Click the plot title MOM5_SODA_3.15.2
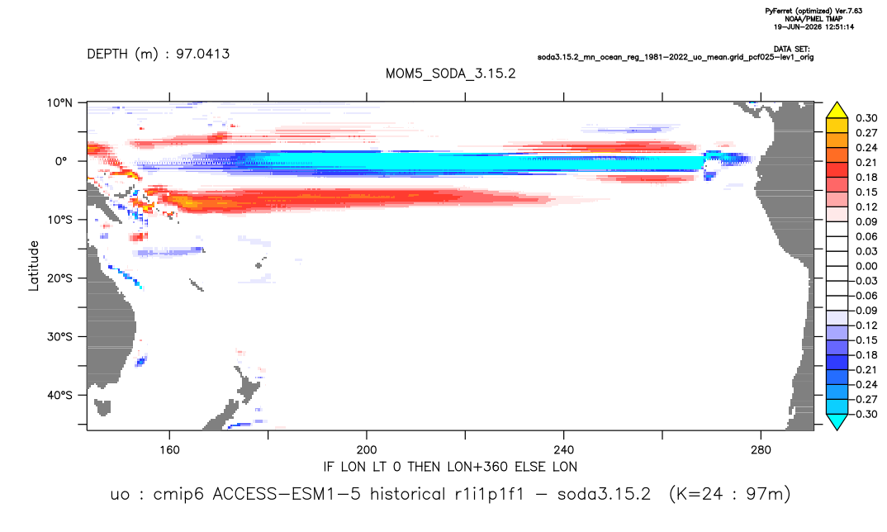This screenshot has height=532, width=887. click(450, 74)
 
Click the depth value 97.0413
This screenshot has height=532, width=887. click(202, 54)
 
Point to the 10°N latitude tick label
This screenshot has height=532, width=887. click(59, 102)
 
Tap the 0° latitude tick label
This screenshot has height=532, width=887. click(61, 161)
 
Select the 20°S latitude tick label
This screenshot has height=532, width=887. click(59, 278)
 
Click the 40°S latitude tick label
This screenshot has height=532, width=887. click(59, 395)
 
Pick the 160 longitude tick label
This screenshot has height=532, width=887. click(169, 450)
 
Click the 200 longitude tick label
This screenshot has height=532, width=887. click(367, 450)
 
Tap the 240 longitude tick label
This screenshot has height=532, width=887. click(564, 450)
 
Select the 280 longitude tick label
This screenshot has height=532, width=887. click(761, 450)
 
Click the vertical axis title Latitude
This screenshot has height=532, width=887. click(34, 266)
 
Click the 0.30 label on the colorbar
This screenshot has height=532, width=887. click(866, 118)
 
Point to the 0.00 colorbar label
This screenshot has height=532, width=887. click(866, 266)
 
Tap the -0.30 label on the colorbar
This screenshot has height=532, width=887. click(865, 414)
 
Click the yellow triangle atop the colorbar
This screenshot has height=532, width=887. click(837, 111)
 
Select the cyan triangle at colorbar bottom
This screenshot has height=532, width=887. click(837, 421)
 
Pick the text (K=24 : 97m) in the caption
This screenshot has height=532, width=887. click(730, 494)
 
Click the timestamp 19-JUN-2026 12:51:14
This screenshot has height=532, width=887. click(814, 26)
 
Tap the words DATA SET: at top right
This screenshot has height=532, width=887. click(791, 50)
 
